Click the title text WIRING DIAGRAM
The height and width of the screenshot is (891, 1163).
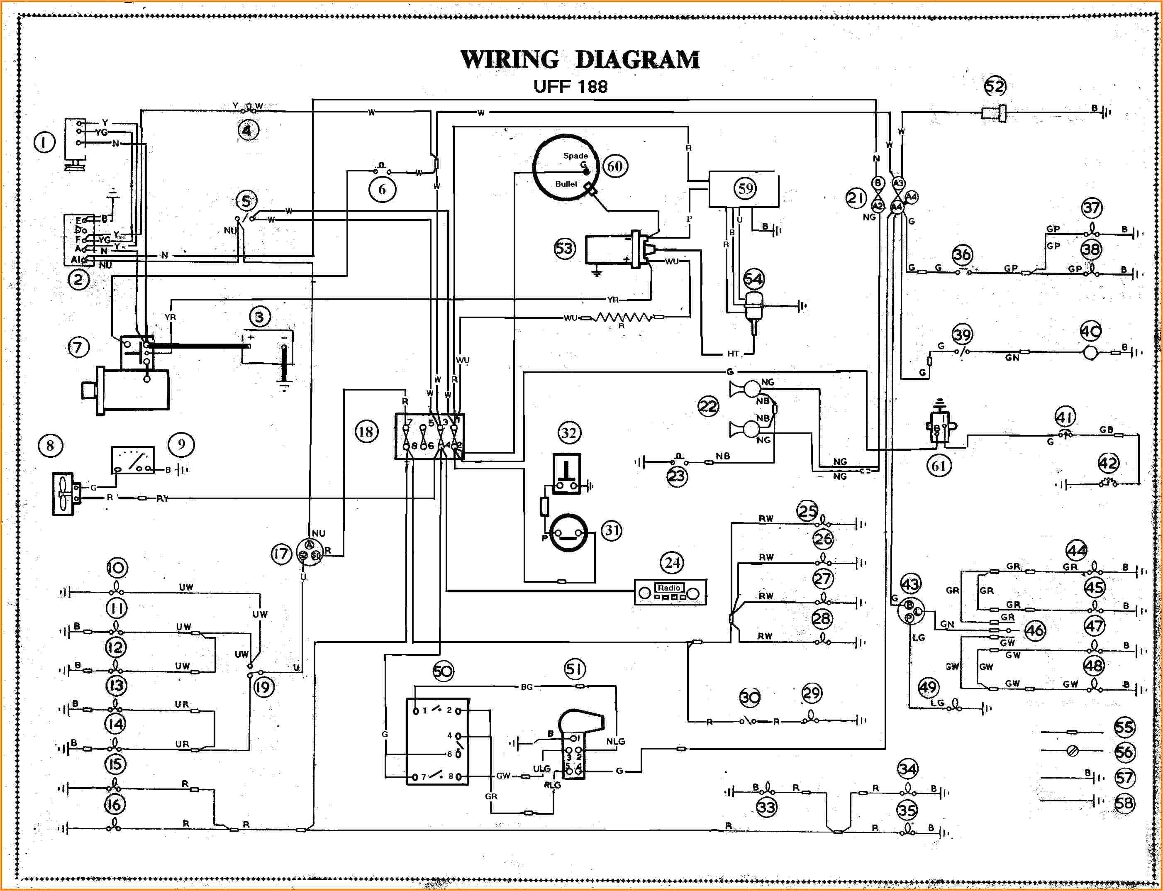(580, 59)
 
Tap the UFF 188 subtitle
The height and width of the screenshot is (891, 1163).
(570, 86)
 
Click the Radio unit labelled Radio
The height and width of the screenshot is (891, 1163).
(670, 592)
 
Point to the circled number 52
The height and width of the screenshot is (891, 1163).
(995, 86)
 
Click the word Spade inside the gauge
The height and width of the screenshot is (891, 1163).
(575, 155)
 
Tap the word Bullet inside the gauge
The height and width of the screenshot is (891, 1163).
(566, 184)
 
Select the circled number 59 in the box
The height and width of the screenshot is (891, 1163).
(746, 188)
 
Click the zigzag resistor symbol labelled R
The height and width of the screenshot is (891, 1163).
(622, 318)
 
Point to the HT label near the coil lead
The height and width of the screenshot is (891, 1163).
(733, 353)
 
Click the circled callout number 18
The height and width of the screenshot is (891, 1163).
(366, 431)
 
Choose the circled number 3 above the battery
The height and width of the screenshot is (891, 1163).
(259, 317)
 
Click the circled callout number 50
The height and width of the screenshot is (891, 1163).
(443, 671)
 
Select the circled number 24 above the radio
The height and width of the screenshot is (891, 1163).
(673, 563)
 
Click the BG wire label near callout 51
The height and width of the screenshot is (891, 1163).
(526, 687)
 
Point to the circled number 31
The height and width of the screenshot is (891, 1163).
(612, 530)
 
